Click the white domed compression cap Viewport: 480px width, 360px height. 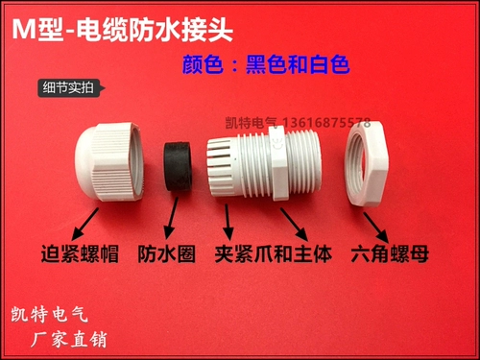pyautogui.click(x=108, y=161)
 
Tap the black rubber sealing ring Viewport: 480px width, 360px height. pyautogui.click(x=178, y=166)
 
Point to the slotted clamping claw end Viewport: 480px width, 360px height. pyautogui.click(x=223, y=167)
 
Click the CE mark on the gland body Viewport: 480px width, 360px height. pyautogui.click(x=277, y=143)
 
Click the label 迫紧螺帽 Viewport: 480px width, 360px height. pyautogui.click(x=80, y=254)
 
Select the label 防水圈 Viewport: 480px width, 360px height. pyautogui.click(x=167, y=254)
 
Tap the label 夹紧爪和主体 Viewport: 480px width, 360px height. pyautogui.click(x=274, y=254)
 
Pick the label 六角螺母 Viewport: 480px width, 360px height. pyautogui.click(x=390, y=254)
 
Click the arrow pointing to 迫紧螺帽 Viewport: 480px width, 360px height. pyautogui.click(x=84, y=224)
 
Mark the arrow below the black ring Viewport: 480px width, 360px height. pyautogui.click(x=171, y=218)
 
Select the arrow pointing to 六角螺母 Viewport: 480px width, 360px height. pyautogui.click(x=376, y=228)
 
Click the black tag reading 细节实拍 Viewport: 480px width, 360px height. pyautogui.click(x=71, y=88)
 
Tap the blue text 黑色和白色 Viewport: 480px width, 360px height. pyautogui.click(x=298, y=64)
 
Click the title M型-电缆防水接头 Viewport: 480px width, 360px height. pyautogui.click(x=123, y=30)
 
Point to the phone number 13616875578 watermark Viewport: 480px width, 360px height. pyautogui.click(x=326, y=122)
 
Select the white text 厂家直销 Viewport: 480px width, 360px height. pyautogui.click(x=68, y=339)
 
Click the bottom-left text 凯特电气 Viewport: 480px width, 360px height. pyautogui.click(x=49, y=314)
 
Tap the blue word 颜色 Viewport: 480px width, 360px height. pyautogui.click(x=203, y=64)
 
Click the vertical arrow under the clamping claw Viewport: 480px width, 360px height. pyautogui.click(x=228, y=222)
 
